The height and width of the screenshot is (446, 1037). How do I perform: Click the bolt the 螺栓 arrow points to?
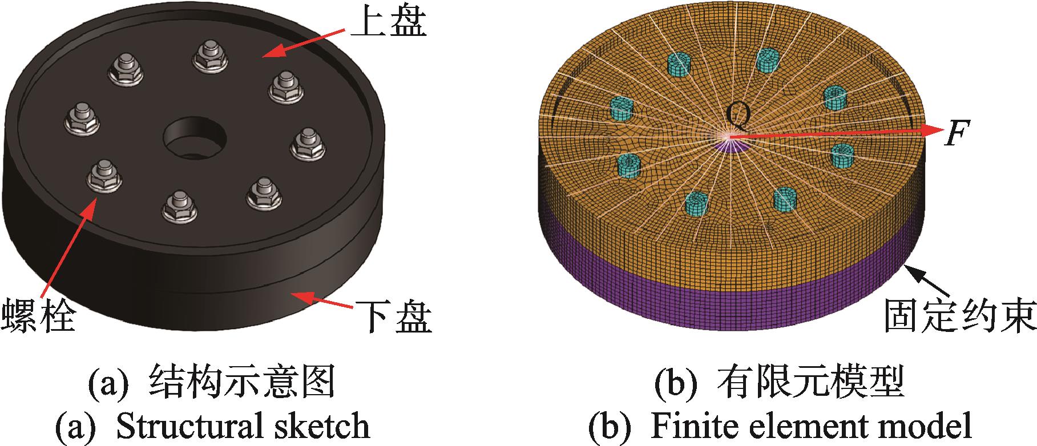pyautogui.click(x=104, y=176)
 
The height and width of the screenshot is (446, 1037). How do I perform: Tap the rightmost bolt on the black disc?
pyautogui.click(x=308, y=145)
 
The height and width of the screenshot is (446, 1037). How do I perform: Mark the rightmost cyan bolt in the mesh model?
pyautogui.click(x=841, y=156)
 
